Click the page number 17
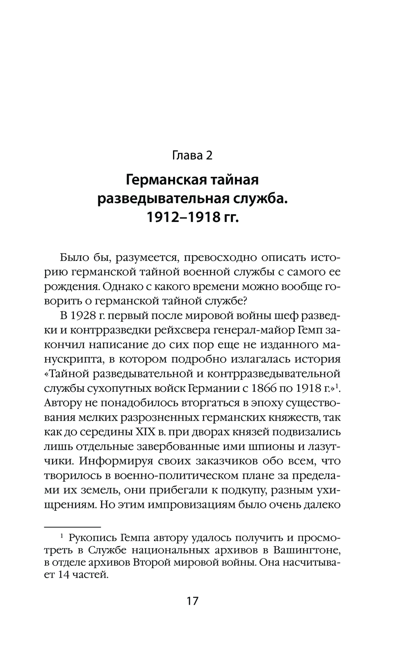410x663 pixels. point(192,601)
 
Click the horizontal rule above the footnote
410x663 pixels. point(72,526)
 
